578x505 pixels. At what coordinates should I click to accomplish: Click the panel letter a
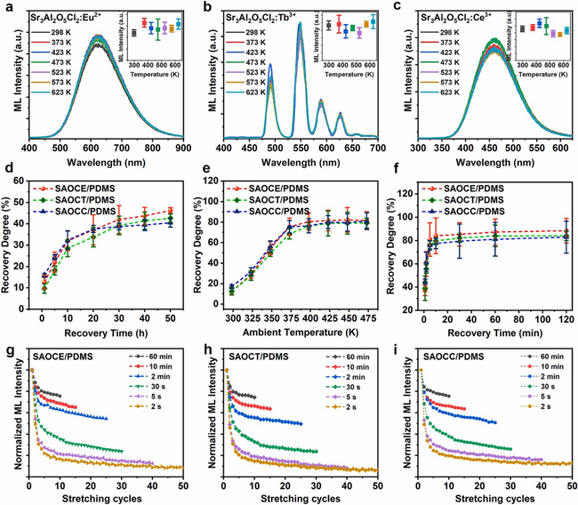point(7,6)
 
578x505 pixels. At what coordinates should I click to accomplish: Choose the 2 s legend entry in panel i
point(542,429)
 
